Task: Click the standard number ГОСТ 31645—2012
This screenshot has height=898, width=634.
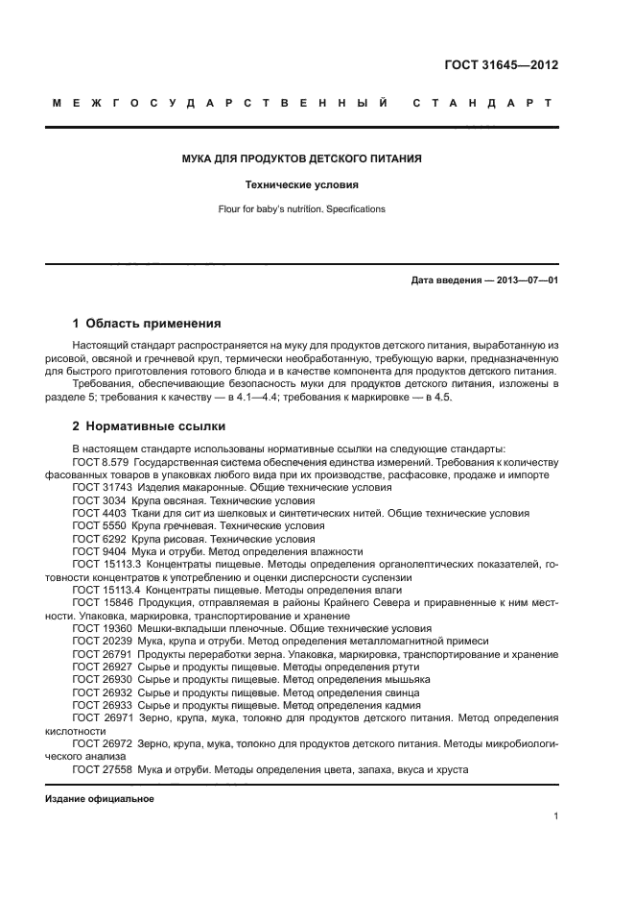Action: point(501,66)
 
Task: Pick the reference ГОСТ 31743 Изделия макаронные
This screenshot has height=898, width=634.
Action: point(230,488)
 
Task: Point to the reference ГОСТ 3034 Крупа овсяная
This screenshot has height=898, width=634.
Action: point(192,500)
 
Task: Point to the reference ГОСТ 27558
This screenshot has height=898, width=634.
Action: point(104,769)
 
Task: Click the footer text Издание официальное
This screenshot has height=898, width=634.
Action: point(100,799)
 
